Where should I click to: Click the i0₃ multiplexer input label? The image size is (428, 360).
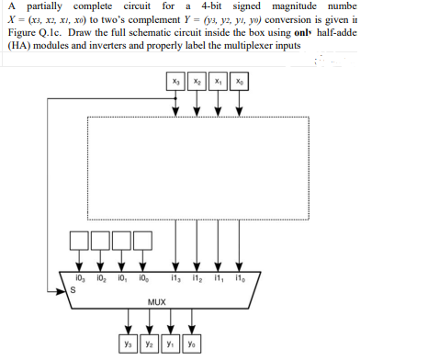(79, 278)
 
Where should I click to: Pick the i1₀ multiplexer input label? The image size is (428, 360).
(240, 278)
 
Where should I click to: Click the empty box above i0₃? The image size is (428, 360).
(79, 241)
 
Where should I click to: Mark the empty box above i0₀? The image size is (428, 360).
(142, 241)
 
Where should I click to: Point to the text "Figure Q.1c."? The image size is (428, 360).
(33, 33)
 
